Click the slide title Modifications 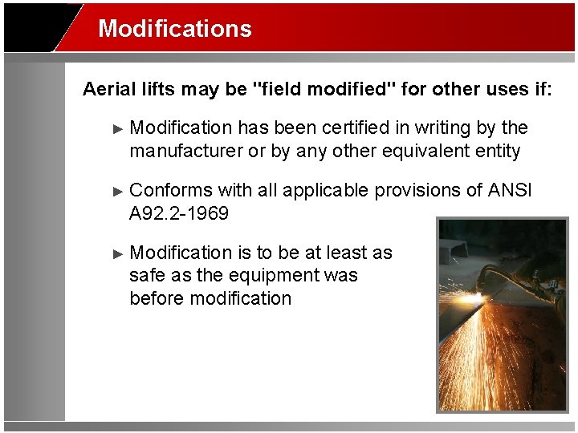[175, 29]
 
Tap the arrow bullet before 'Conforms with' [118, 191]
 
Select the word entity [497, 151]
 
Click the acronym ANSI [510, 190]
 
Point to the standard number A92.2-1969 [179, 213]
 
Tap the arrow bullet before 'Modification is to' [118, 253]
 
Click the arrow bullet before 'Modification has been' [118, 128]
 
